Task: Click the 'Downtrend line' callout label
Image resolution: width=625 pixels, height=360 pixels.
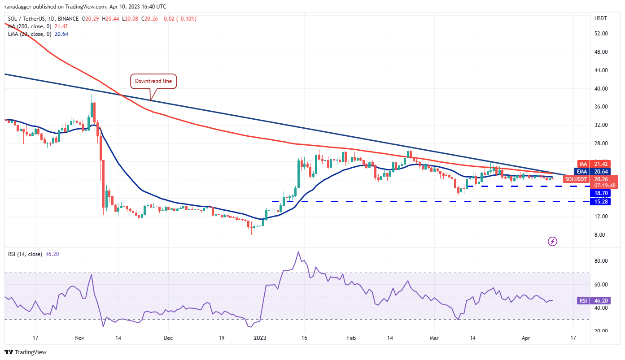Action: point(153,81)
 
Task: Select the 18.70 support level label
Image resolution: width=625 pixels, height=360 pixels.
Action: point(602,193)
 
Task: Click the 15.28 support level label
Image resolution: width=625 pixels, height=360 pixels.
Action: point(602,202)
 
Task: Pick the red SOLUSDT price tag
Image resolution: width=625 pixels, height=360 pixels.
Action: point(576,179)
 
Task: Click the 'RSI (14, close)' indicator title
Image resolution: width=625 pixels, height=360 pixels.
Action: point(25,254)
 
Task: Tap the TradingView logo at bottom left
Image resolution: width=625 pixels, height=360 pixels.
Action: point(26,352)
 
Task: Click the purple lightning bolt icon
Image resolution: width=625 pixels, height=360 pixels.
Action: point(553,242)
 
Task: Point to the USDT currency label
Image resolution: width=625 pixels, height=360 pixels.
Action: point(600,18)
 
